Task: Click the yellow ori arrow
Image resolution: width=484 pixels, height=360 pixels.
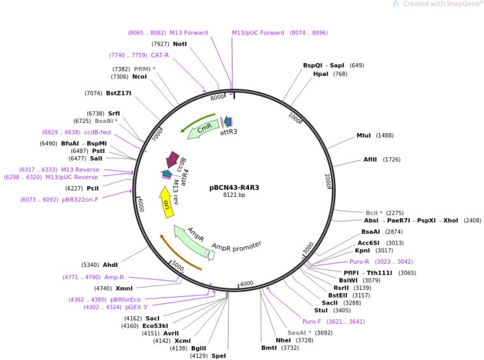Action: pos(166,203)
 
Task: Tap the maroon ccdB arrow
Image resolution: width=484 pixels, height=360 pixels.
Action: pos(173,160)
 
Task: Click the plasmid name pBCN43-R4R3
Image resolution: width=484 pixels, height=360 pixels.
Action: pos(234,188)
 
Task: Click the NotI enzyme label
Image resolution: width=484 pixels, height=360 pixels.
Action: pos(180,44)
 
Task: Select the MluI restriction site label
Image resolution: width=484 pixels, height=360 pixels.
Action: pos(364,135)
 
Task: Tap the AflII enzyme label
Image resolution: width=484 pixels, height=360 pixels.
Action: pos(371,159)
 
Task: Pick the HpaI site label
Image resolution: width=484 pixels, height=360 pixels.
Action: pos(321,74)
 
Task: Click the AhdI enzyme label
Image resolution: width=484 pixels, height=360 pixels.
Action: pos(110,264)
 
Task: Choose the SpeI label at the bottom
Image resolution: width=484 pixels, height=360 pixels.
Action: pos(218,356)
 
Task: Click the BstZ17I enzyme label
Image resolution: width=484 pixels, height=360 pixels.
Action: pos(118,93)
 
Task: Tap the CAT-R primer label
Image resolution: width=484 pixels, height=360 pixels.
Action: pos(160,55)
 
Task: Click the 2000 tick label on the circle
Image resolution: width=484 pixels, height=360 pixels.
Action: pos(328,180)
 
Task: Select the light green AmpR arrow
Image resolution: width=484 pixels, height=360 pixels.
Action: pos(190,241)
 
